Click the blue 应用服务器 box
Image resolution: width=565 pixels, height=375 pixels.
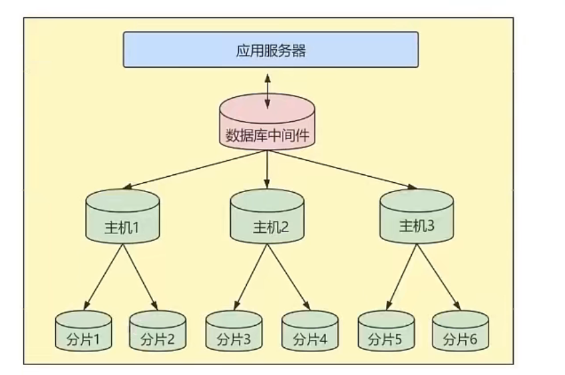tap(270, 49)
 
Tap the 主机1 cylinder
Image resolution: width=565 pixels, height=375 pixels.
tap(122, 217)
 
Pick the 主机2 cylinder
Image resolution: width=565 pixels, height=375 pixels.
tap(267, 217)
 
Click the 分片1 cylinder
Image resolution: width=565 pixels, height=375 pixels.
tap(83, 331)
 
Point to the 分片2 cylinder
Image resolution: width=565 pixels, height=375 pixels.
tap(157, 331)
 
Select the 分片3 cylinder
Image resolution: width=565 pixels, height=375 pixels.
tap(234, 331)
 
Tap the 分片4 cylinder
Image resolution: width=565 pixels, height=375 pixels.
tap(309, 331)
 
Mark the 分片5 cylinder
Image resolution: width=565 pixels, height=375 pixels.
tap(385, 331)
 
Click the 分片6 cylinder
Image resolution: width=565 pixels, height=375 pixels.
tap(460, 331)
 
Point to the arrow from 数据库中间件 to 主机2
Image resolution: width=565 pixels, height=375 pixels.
tap(267, 170)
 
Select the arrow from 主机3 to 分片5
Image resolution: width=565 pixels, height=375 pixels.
tap(400, 276)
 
